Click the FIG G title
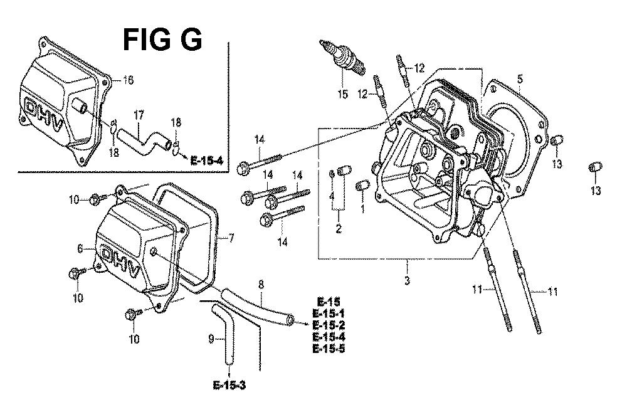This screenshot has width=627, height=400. click(x=162, y=39)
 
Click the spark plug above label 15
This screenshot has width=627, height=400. click(x=342, y=58)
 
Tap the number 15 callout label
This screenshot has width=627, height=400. click(x=343, y=94)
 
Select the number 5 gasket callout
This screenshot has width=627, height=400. click(x=519, y=78)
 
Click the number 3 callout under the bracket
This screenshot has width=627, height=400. click(x=407, y=280)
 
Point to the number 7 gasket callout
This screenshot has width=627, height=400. click(x=231, y=239)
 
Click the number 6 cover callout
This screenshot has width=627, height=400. click(x=80, y=249)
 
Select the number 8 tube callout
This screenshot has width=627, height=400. click(x=261, y=285)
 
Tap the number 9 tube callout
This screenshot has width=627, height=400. click(x=211, y=339)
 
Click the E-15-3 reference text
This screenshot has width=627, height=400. click(x=229, y=385)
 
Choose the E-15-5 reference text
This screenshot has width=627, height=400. click(x=329, y=349)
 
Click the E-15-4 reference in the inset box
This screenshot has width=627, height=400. click(x=207, y=161)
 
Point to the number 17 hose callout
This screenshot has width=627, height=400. click(x=139, y=116)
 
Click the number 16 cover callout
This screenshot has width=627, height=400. click(x=128, y=80)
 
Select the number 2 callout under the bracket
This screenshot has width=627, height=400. click(x=339, y=229)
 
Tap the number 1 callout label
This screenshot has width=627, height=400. click(x=362, y=208)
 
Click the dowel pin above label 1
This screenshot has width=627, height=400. click(x=362, y=186)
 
